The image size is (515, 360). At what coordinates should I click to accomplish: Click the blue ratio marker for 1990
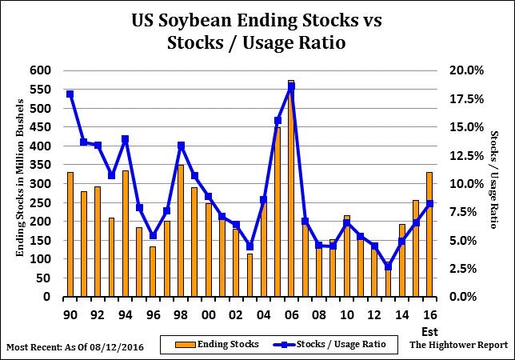click(x=70, y=94)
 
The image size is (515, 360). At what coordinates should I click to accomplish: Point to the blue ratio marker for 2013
click(x=388, y=267)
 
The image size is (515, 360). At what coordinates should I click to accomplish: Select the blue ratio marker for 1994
click(x=125, y=139)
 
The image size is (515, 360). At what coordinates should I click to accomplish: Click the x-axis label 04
click(x=263, y=314)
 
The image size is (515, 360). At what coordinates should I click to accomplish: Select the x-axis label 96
click(x=153, y=314)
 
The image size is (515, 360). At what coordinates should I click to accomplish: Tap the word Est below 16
click(x=429, y=330)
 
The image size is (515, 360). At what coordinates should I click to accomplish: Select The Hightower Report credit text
click(x=458, y=345)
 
